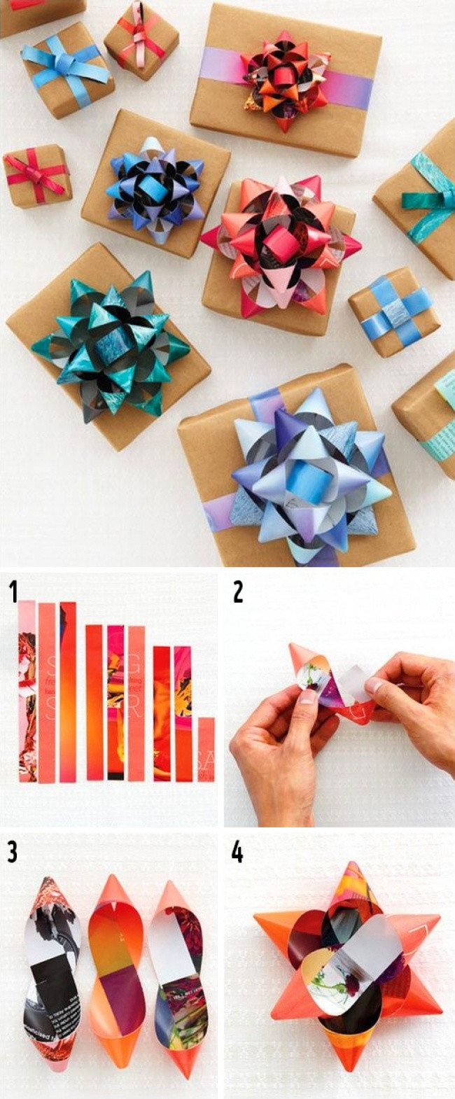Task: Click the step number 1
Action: point(13,591)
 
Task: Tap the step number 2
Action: point(238,591)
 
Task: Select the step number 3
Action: point(13,852)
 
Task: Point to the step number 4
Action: point(238,852)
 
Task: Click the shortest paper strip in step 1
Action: point(206,749)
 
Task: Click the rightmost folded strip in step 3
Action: point(175,973)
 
